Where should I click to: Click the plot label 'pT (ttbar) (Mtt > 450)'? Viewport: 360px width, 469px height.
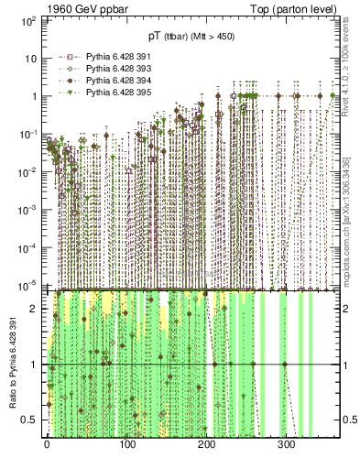191,37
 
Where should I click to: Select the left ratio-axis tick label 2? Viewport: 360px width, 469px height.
36,309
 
